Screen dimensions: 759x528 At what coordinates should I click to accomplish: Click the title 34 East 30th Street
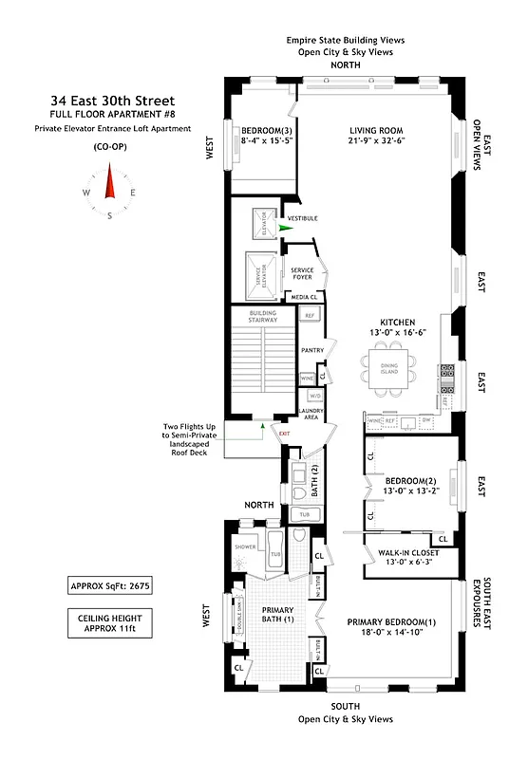[x=113, y=101]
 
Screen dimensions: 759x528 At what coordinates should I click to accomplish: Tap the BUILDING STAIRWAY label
[x=262, y=316]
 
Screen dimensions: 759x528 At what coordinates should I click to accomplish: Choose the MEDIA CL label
[x=306, y=297]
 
